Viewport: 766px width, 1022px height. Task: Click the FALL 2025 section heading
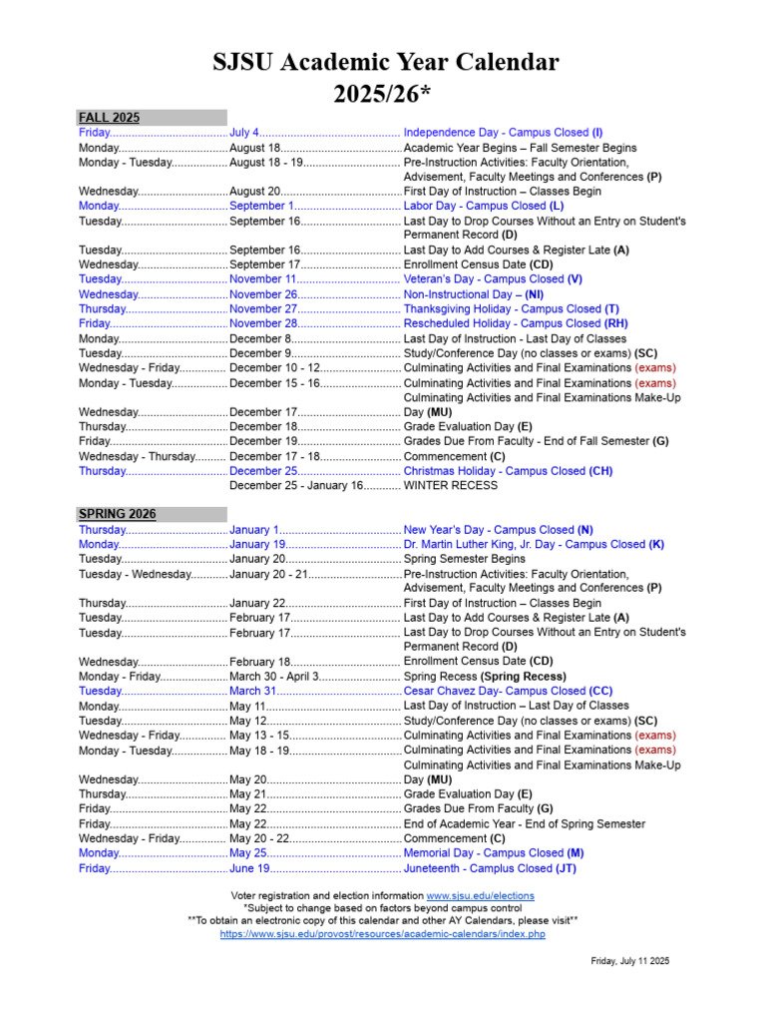tap(110, 117)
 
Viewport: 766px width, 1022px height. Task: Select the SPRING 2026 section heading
tap(117, 514)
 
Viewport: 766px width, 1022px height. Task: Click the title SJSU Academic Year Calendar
tap(385, 63)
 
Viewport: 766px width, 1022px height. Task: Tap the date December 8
tap(259, 338)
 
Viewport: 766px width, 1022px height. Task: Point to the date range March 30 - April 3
tap(274, 677)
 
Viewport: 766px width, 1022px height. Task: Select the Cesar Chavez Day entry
tap(508, 691)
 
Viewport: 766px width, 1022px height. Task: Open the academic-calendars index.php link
tap(382, 934)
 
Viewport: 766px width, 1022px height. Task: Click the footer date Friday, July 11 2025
tap(629, 961)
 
